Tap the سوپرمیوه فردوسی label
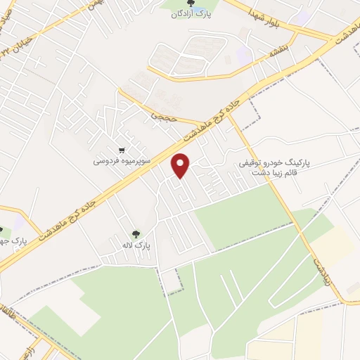(x=122, y=161)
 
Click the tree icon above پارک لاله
(x=135, y=234)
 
